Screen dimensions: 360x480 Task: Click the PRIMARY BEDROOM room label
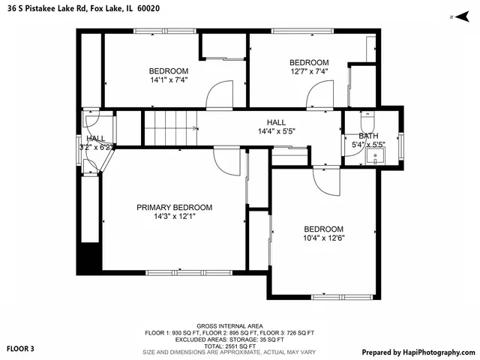[x=174, y=208]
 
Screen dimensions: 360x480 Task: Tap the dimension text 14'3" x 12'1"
[x=174, y=217]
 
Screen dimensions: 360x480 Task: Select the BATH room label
[x=368, y=136]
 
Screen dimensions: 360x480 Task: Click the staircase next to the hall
[x=170, y=127]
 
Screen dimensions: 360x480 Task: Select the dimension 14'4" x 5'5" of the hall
[x=276, y=131]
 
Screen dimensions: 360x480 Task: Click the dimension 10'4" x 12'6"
[x=323, y=238]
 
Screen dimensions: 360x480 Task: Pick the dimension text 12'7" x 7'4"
[x=309, y=71]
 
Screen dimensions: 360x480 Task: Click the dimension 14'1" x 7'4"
[x=169, y=79]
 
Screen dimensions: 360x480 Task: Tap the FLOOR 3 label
[x=20, y=349]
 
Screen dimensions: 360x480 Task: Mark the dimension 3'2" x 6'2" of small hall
[x=96, y=148]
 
